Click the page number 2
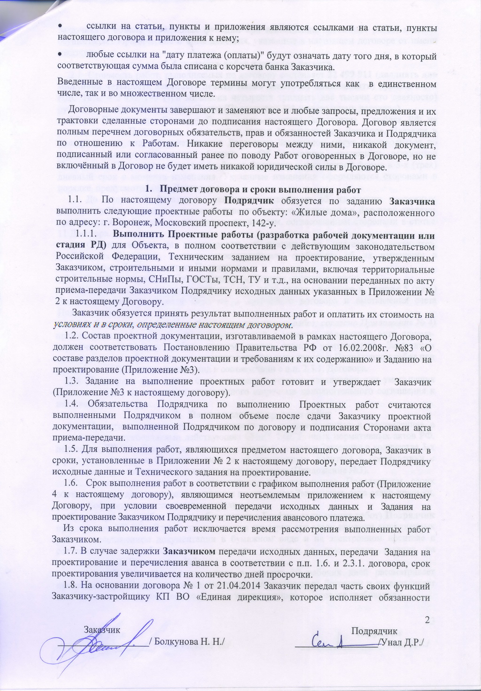tap(427, 620)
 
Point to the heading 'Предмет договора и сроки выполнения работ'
tap(260, 190)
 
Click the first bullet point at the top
tap(60, 26)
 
